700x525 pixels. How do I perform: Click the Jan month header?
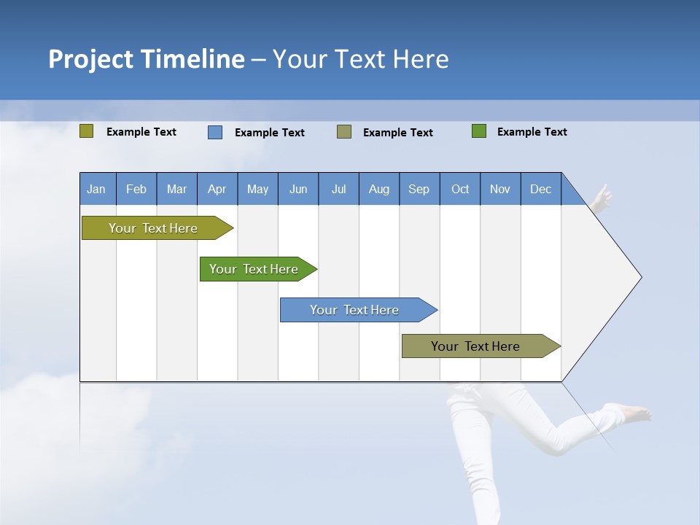point(97,189)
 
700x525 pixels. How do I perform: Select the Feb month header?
point(136,189)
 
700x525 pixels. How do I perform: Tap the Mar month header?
point(176,189)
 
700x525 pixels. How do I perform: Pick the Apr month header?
point(217,189)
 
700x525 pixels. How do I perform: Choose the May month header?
point(257,189)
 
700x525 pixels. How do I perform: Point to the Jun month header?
point(298,189)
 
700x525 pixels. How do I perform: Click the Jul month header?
point(338,189)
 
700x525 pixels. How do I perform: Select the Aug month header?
point(379,189)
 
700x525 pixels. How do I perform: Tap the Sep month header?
point(419,189)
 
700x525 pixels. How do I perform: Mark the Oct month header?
point(460,189)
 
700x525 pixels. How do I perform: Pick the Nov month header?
point(500,189)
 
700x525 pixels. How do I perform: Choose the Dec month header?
point(541,189)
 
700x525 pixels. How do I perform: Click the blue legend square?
point(215,132)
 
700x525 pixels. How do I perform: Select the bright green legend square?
point(479,131)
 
